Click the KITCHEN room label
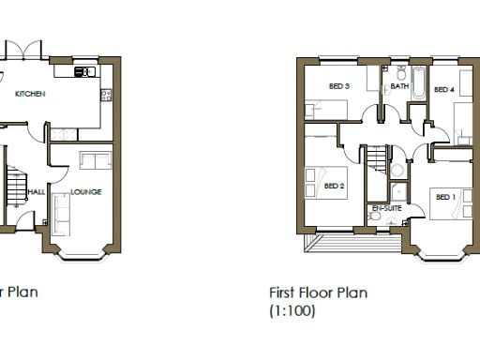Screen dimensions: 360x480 click(x=30, y=94)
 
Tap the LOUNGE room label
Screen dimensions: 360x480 click(x=86, y=192)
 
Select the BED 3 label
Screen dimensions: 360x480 click(x=338, y=86)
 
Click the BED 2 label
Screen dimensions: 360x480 click(x=335, y=186)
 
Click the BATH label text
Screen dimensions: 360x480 click(x=400, y=86)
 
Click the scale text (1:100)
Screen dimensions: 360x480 click(x=292, y=309)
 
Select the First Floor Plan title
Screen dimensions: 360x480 click(x=318, y=292)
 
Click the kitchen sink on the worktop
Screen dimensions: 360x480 click(x=84, y=71)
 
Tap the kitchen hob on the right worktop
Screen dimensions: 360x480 click(x=107, y=94)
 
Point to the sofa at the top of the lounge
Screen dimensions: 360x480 click(x=95, y=159)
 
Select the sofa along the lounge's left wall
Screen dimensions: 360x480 click(x=63, y=215)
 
